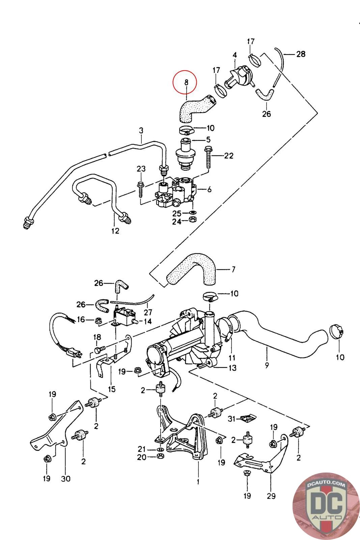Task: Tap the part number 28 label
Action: [301, 54]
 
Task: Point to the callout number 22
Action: [229, 156]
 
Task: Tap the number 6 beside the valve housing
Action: [210, 190]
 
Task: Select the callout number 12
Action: [115, 231]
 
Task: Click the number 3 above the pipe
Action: [141, 130]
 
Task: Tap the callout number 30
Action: [66, 478]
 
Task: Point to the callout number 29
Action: [271, 496]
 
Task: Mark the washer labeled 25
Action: [193, 213]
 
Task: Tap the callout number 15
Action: [112, 389]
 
